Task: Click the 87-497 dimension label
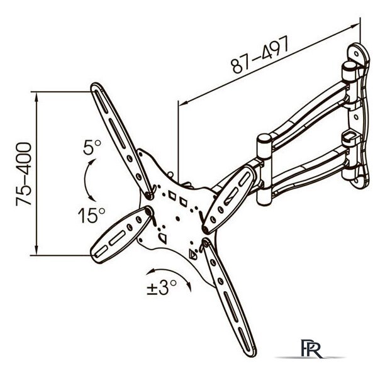click(x=260, y=54)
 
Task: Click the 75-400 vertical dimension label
click(x=23, y=174)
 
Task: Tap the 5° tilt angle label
click(x=92, y=147)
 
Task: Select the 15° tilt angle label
click(x=91, y=216)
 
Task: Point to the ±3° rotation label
click(x=161, y=287)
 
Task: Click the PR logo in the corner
click(x=311, y=348)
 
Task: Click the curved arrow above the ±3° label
click(x=170, y=275)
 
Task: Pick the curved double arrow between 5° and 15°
click(x=88, y=179)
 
